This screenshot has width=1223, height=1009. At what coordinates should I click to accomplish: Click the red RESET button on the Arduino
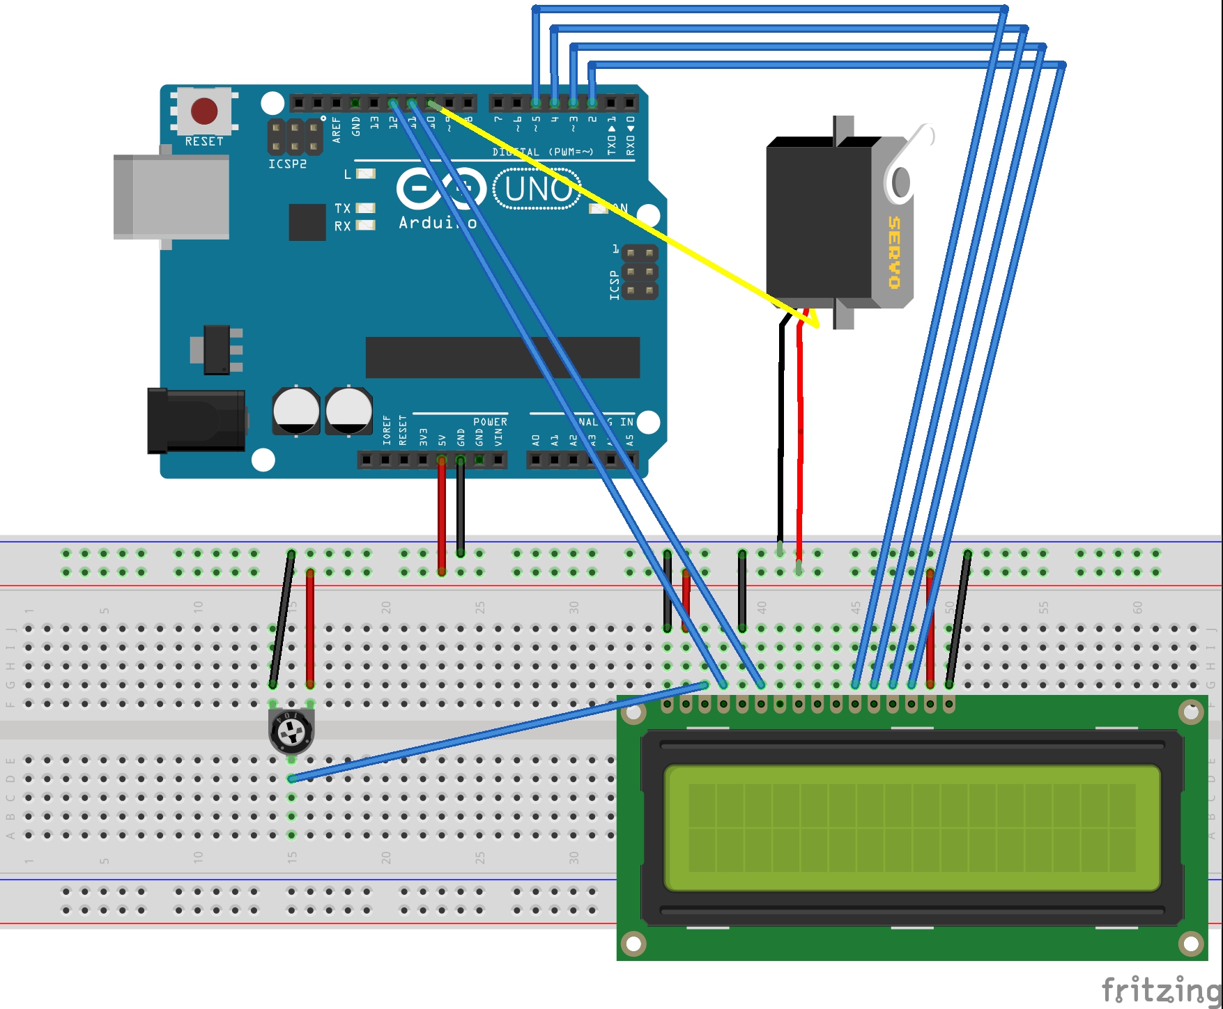pos(204,111)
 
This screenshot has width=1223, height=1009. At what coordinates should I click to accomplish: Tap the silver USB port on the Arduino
pos(171,198)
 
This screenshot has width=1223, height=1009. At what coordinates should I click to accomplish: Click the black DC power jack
pos(196,421)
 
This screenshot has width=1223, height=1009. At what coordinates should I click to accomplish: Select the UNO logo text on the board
pos(537,189)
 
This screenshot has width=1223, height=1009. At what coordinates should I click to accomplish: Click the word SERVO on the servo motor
pos(894,252)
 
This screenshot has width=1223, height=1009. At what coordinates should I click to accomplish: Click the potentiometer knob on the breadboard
pos(291,730)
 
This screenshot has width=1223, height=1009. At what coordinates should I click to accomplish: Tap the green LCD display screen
pos(912,827)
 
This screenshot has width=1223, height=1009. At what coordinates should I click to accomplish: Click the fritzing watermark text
pos(1160,989)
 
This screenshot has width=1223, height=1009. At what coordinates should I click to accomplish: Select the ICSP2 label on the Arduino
pos(287,164)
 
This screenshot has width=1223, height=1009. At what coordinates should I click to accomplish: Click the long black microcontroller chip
pos(502,357)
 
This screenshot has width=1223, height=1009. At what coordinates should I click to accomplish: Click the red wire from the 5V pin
pos(442,515)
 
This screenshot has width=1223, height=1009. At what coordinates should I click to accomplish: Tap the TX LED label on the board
pos(342,208)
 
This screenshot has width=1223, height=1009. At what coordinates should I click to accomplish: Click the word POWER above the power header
pos(490,422)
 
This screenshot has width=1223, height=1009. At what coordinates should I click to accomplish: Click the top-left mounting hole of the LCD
pos(633,712)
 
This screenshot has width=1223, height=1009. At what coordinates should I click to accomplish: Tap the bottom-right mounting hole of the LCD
pos(1190,944)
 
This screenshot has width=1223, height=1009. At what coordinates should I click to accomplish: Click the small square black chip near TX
pos(307,222)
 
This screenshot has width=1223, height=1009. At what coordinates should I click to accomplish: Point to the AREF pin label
pos(337,130)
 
